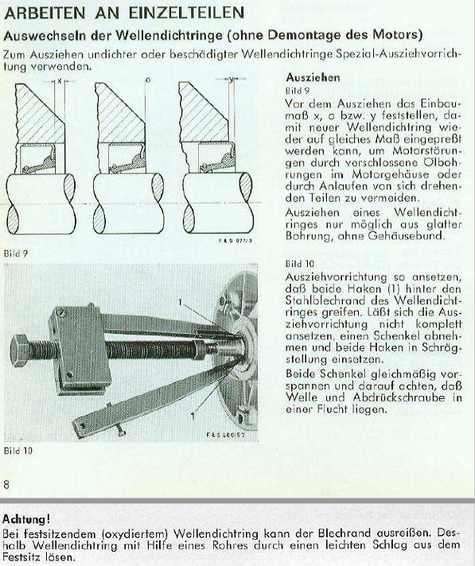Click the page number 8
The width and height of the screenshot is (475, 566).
(7, 484)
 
